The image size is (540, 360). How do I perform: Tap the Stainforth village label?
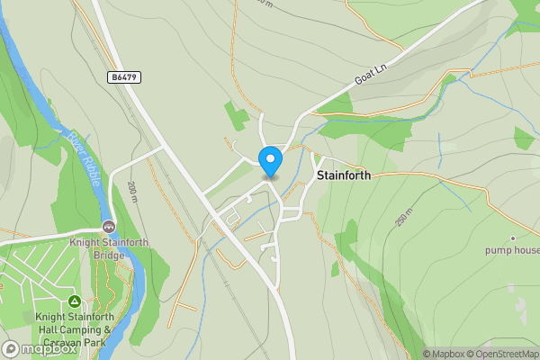coord(344,176)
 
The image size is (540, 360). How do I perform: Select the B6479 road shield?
coord(124,78)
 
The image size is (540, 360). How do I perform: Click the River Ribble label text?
coord(82,154)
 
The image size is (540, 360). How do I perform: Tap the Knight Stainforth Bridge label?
coord(109,247)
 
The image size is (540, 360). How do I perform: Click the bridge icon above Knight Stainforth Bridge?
coord(109,226)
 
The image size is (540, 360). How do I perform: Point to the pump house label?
coord(512,249)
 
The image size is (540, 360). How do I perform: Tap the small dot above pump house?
coord(513,238)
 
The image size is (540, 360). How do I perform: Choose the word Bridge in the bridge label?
coord(109,254)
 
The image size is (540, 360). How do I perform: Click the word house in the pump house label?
coord(524,249)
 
